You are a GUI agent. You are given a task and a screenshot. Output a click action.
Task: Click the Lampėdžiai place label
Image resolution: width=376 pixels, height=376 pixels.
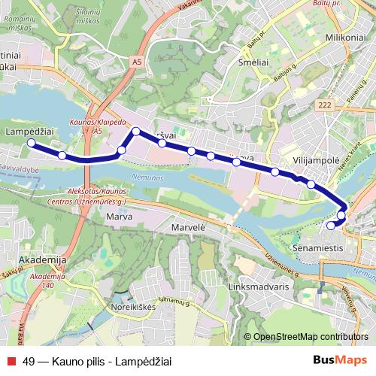[x=29, y=131]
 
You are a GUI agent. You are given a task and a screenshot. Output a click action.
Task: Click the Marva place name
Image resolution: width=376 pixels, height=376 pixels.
[x=119, y=217]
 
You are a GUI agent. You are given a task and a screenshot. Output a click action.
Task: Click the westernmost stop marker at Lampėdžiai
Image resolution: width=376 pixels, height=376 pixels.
[x=32, y=143]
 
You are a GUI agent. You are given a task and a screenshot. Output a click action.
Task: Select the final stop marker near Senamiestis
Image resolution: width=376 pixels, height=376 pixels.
[x=331, y=225]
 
